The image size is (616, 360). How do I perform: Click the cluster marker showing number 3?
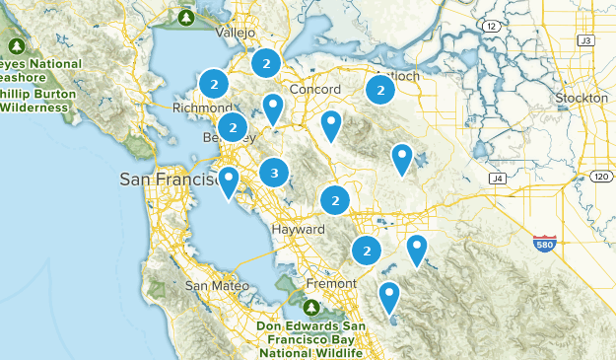point(274,173)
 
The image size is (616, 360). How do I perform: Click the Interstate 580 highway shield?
point(544,243)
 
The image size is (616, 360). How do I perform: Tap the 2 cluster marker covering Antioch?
point(379,90)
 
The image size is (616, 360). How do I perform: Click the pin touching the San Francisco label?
point(230,180)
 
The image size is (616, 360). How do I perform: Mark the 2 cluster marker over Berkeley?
point(233,126)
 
